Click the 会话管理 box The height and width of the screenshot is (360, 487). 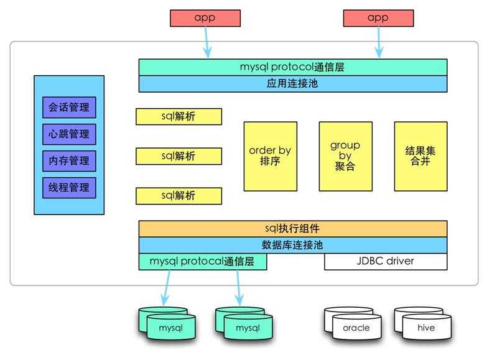(x=69, y=107)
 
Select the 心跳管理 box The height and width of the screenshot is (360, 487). (x=69, y=134)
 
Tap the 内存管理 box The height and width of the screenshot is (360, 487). (x=69, y=160)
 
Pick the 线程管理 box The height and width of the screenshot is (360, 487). (x=69, y=187)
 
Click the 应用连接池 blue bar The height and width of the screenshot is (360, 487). (x=292, y=83)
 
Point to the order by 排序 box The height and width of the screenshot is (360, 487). (x=270, y=156)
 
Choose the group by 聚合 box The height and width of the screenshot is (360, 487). (x=345, y=156)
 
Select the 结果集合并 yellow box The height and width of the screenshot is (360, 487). (x=420, y=156)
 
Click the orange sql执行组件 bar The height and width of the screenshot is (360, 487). (x=292, y=228)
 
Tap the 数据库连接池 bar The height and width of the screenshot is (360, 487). (x=292, y=245)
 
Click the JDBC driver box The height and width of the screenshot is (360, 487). (x=386, y=261)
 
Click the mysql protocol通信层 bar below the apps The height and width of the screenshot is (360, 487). (x=292, y=67)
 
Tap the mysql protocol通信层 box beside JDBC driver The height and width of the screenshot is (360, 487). (x=203, y=262)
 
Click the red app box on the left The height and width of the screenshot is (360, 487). (x=205, y=18)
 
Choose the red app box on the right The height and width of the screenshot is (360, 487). (x=377, y=18)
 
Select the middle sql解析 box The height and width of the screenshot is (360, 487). (x=179, y=156)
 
